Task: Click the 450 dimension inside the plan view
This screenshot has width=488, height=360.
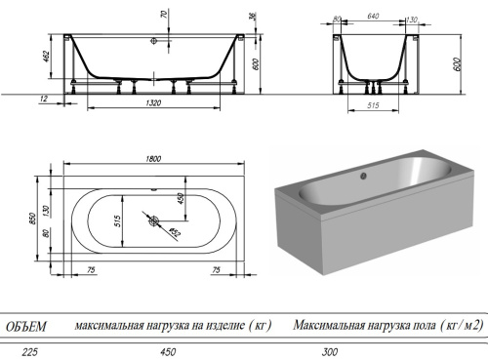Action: click(179, 199)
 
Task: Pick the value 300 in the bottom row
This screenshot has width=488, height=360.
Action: click(305, 352)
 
